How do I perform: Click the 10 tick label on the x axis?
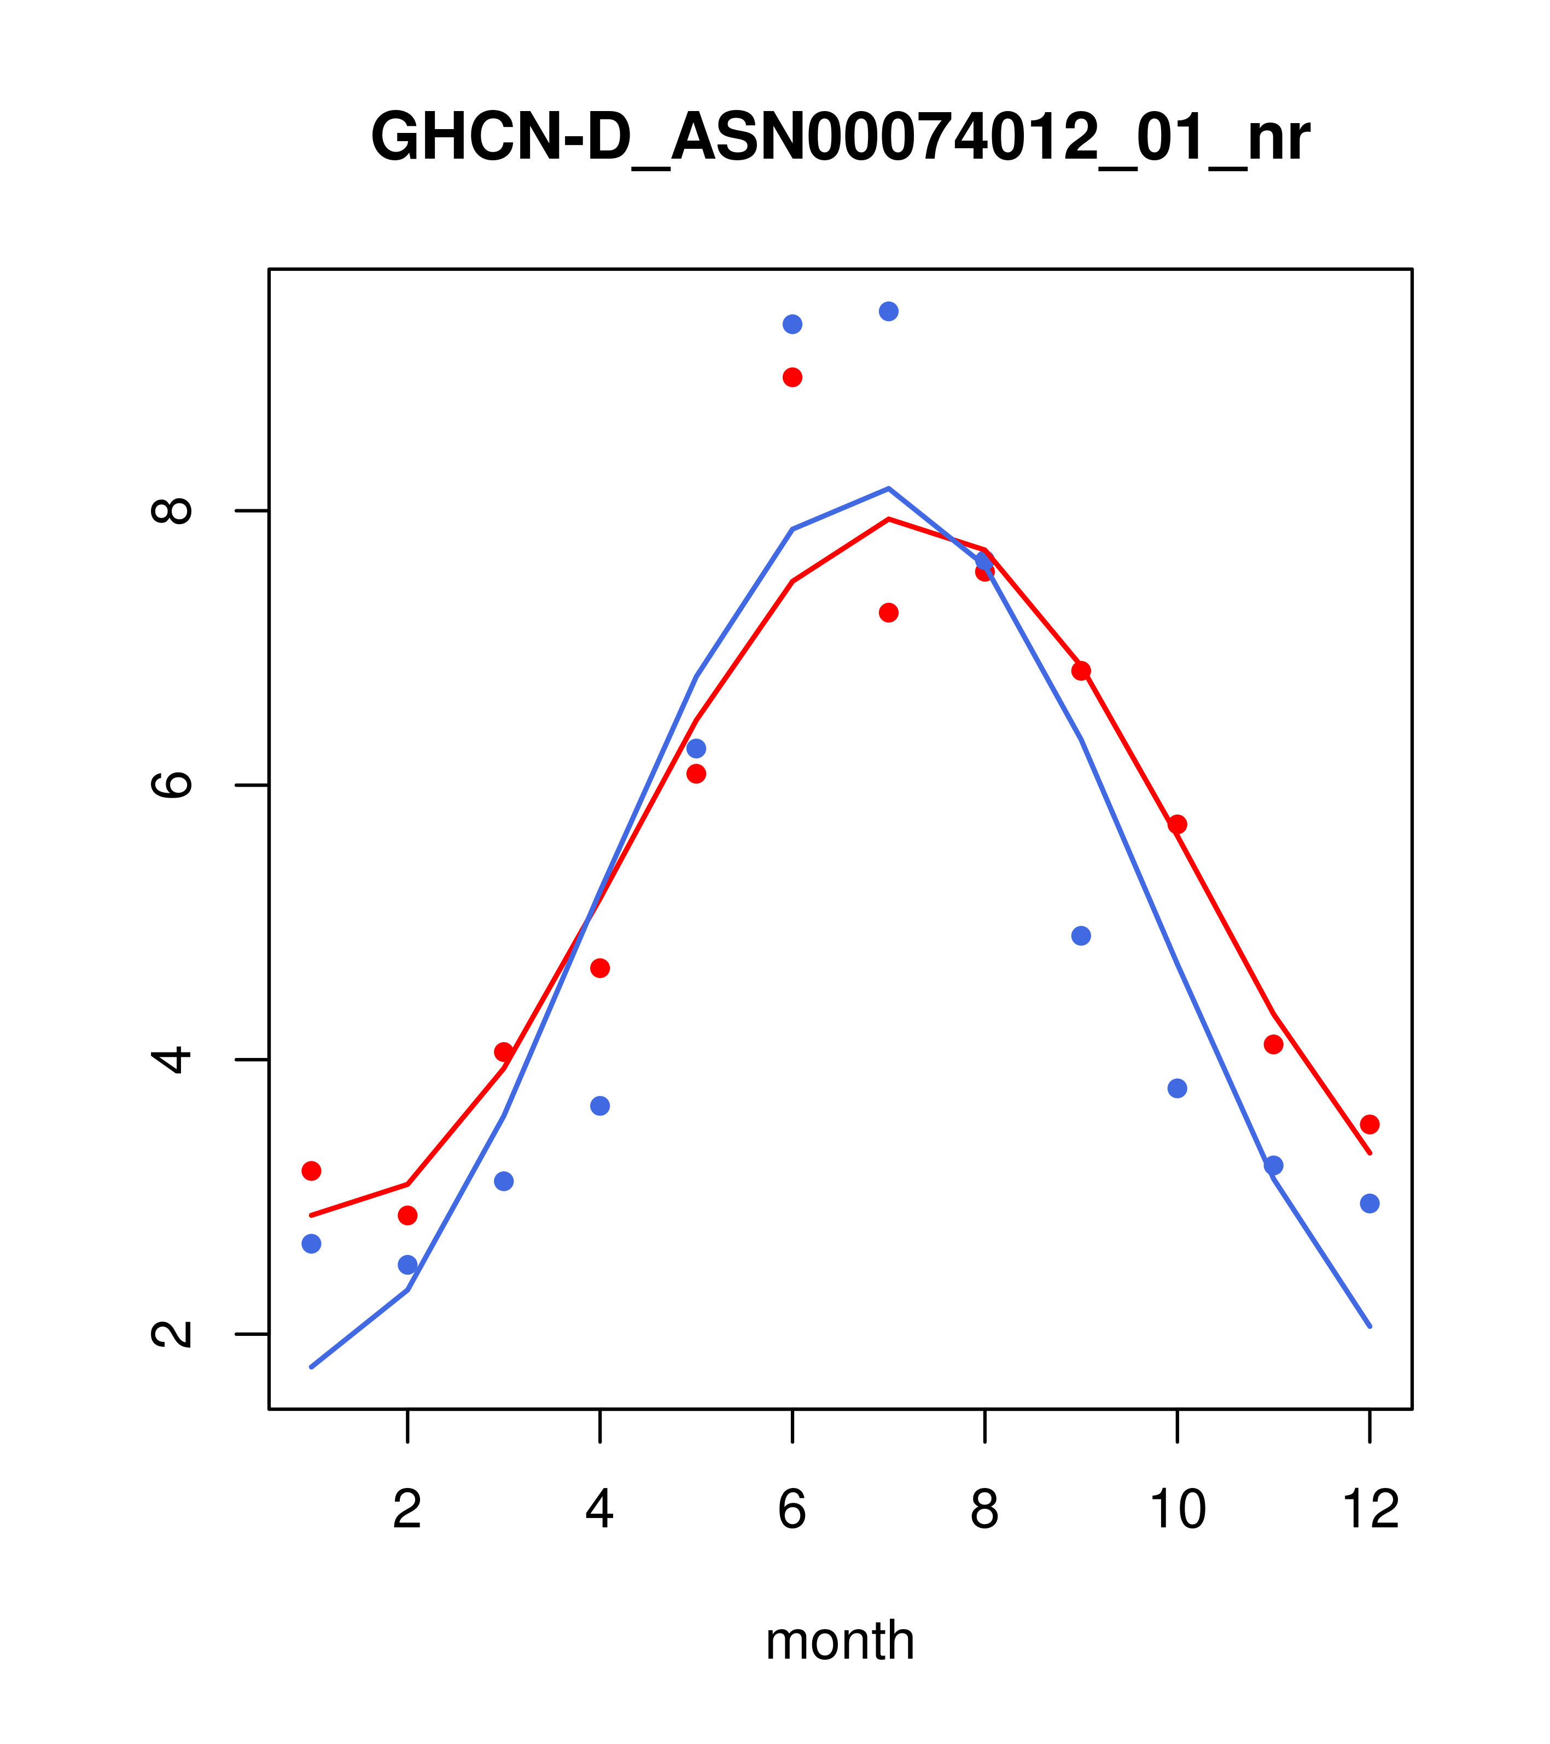tap(1177, 1509)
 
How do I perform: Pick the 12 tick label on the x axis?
tap(1370, 1509)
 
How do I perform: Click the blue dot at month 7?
tap(888, 311)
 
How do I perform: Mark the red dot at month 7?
tap(888, 613)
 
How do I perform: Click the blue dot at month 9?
tap(1081, 936)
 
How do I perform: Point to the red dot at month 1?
tap(311, 1171)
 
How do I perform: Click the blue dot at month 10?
tap(1177, 1088)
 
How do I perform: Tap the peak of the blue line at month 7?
tap(888, 489)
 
